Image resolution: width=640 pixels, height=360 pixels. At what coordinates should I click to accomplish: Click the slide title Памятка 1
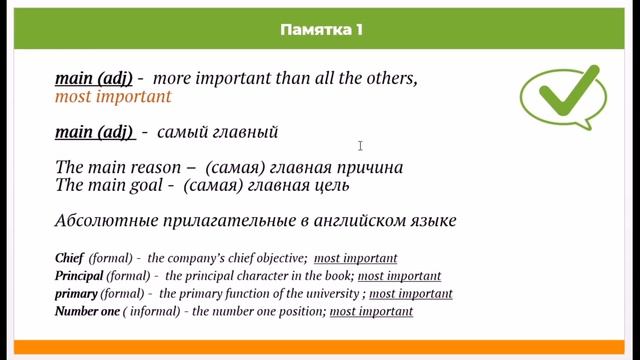pos(320,30)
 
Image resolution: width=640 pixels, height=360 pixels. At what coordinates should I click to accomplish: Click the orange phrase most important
pos(113,97)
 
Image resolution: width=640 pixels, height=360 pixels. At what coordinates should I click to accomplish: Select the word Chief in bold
pos(70,258)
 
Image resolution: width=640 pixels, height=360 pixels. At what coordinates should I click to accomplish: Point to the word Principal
pos(79,276)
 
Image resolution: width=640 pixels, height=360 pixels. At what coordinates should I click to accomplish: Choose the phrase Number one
pos(89,312)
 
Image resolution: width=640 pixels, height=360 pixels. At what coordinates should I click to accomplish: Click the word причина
pos(371,167)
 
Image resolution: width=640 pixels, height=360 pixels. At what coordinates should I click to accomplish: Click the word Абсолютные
pos(104,221)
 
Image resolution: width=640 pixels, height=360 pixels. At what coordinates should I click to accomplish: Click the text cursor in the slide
pos(360,146)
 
